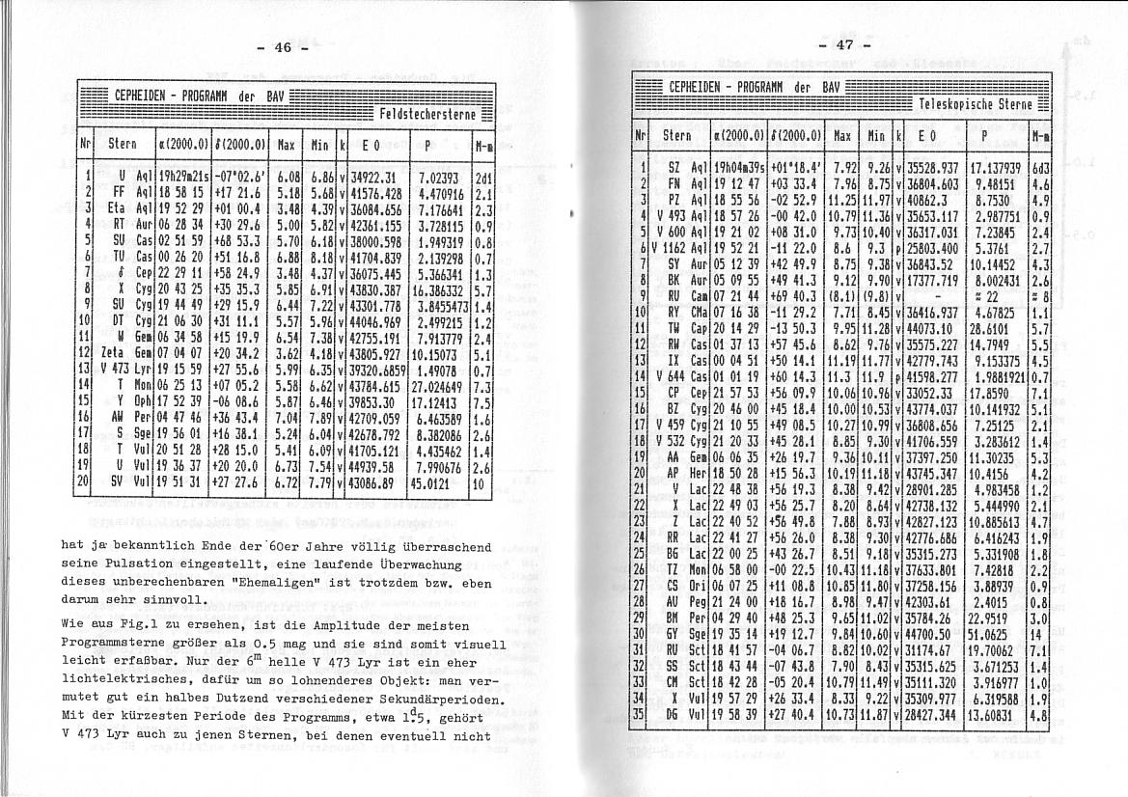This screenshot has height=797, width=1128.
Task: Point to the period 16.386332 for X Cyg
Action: (x=436, y=289)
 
